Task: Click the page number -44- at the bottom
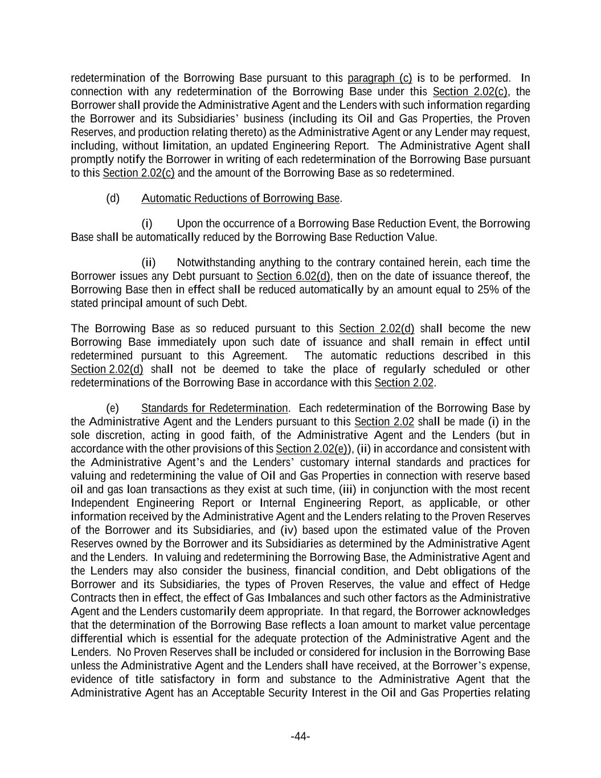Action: coord(300,737)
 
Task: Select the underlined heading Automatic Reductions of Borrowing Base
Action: coord(240,198)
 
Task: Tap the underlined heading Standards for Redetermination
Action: coord(214,408)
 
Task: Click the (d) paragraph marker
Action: coord(113,198)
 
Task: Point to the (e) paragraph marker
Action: coord(113,408)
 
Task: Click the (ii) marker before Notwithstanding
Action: coord(148,263)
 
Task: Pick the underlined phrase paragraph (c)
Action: coord(379,78)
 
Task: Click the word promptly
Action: coord(90,160)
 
